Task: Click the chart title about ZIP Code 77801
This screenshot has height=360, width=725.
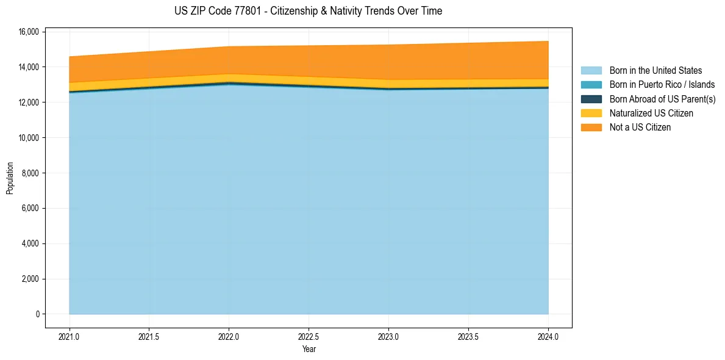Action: click(308, 11)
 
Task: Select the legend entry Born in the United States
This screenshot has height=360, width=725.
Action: click(655, 71)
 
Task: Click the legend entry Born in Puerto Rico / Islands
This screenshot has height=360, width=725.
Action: click(662, 85)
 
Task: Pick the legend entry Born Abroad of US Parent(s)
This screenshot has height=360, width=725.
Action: click(662, 99)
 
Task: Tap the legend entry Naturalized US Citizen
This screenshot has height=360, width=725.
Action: click(651, 113)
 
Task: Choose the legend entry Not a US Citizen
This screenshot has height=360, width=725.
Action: click(640, 128)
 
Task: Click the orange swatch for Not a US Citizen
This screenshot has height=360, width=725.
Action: click(591, 128)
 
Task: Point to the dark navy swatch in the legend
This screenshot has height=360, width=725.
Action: click(591, 99)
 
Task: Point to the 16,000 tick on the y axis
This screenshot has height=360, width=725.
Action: click(29, 32)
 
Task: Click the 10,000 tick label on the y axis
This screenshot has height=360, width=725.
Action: click(29, 138)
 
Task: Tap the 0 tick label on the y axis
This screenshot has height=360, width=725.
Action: click(37, 314)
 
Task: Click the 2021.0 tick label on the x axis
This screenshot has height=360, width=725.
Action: click(70, 336)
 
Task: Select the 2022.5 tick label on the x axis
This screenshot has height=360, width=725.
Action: click(309, 336)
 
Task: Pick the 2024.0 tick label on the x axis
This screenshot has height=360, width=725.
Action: click(548, 336)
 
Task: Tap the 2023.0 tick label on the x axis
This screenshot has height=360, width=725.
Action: click(388, 336)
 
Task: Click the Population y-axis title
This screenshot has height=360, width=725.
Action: click(10, 178)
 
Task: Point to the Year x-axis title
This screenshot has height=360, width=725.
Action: click(309, 349)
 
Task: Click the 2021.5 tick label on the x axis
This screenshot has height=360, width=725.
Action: click(149, 336)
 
